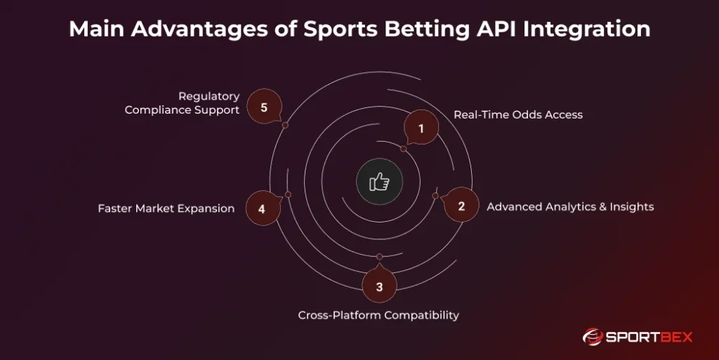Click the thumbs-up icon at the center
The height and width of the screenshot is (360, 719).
pyautogui.click(x=380, y=182)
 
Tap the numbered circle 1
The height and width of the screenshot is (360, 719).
pyautogui.click(x=421, y=129)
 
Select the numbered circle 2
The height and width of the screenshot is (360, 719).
pyautogui.click(x=461, y=206)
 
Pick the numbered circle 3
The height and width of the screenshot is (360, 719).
pyautogui.click(x=379, y=286)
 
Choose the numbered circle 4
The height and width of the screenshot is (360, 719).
pyautogui.click(x=261, y=208)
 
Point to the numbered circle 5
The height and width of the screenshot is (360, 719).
pyautogui.click(x=264, y=107)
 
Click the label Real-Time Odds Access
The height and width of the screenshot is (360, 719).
pyautogui.click(x=517, y=114)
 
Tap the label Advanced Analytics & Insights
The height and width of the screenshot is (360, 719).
pyautogui.click(x=570, y=206)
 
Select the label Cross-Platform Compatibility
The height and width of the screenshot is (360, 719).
pyautogui.click(x=378, y=315)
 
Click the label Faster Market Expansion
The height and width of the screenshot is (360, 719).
pyautogui.click(x=166, y=208)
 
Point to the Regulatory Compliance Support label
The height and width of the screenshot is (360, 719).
pyautogui.click(x=182, y=103)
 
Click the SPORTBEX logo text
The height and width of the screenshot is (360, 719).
pyautogui.click(x=648, y=337)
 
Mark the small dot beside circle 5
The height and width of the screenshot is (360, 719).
pyautogui.click(x=285, y=125)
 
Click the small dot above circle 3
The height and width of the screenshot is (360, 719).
pyautogui.click(x=380, y=256)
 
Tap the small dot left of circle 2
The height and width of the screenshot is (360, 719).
pyautogui.click(x=435, y=195)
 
